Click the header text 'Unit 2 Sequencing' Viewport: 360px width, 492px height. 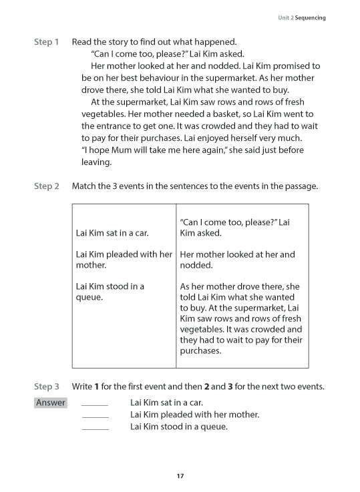click(x=302, y=17)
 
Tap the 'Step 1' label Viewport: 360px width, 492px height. click(x=46, y=42)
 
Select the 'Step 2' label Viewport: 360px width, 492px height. click(x=46, y=186)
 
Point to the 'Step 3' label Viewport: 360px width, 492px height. click(x=46, y=387)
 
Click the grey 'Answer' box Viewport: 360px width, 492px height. click(x=51, y=403)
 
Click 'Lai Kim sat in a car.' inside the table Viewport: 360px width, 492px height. click(x=113, y=233)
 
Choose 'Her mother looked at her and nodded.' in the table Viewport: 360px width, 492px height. click(x=237, y=260)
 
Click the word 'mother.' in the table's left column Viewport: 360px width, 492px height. click(x=92, y=265)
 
